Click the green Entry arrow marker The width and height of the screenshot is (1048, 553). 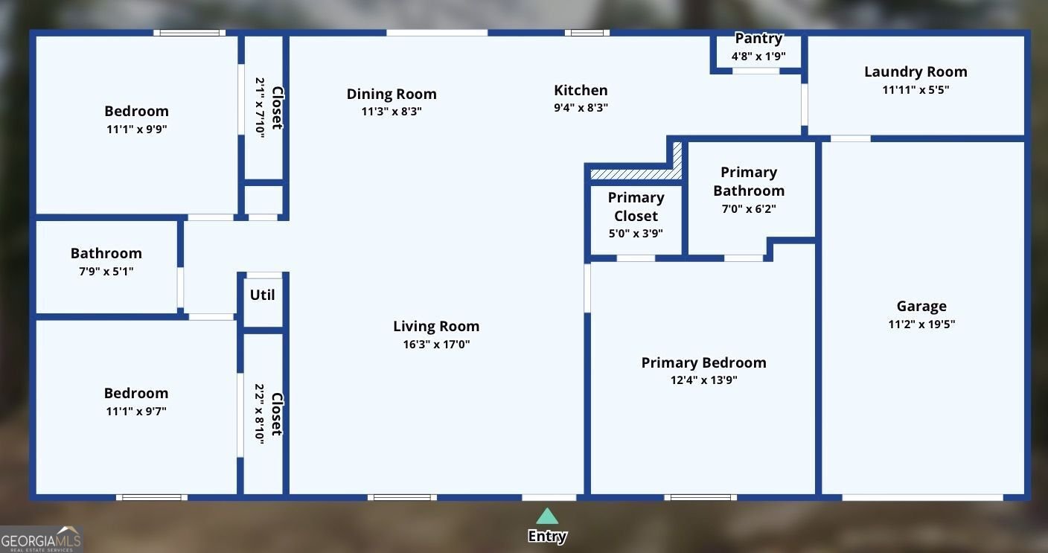[x=547, y=516]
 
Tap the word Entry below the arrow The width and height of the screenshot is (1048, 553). [x=547, y=536]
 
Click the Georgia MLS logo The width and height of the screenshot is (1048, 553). [x=41, y=540]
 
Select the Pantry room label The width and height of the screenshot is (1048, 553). [x=758, y=39]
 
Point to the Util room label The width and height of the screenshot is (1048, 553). [x=262, y=295]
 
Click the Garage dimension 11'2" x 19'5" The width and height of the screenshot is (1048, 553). [x=921, y=325]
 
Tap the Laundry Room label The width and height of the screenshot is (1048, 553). [x=916, y=71]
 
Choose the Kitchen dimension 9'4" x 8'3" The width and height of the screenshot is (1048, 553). [x=581, y=108]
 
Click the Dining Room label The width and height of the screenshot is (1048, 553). [x=392, y=94]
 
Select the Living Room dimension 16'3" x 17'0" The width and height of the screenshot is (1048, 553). [x=436, y=345]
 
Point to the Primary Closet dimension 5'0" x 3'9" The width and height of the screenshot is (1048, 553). [x=636, y=233]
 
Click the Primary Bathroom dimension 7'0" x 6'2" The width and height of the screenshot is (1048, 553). [x=749, y=208]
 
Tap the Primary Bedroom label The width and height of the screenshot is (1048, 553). [x=703, y=362]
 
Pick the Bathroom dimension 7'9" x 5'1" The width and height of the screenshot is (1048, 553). [x=106, y=272]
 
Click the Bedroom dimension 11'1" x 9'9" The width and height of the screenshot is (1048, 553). [x=137, y=129]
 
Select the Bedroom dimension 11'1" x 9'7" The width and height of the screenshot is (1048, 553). [x=136, y=412]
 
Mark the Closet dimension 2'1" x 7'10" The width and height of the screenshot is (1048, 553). [x=260, y=108]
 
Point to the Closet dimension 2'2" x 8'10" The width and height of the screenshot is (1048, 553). [x=260, y=414]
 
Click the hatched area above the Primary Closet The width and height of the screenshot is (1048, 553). [x=636, y=174]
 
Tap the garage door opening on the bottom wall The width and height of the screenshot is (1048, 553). [x=923, y=497]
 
